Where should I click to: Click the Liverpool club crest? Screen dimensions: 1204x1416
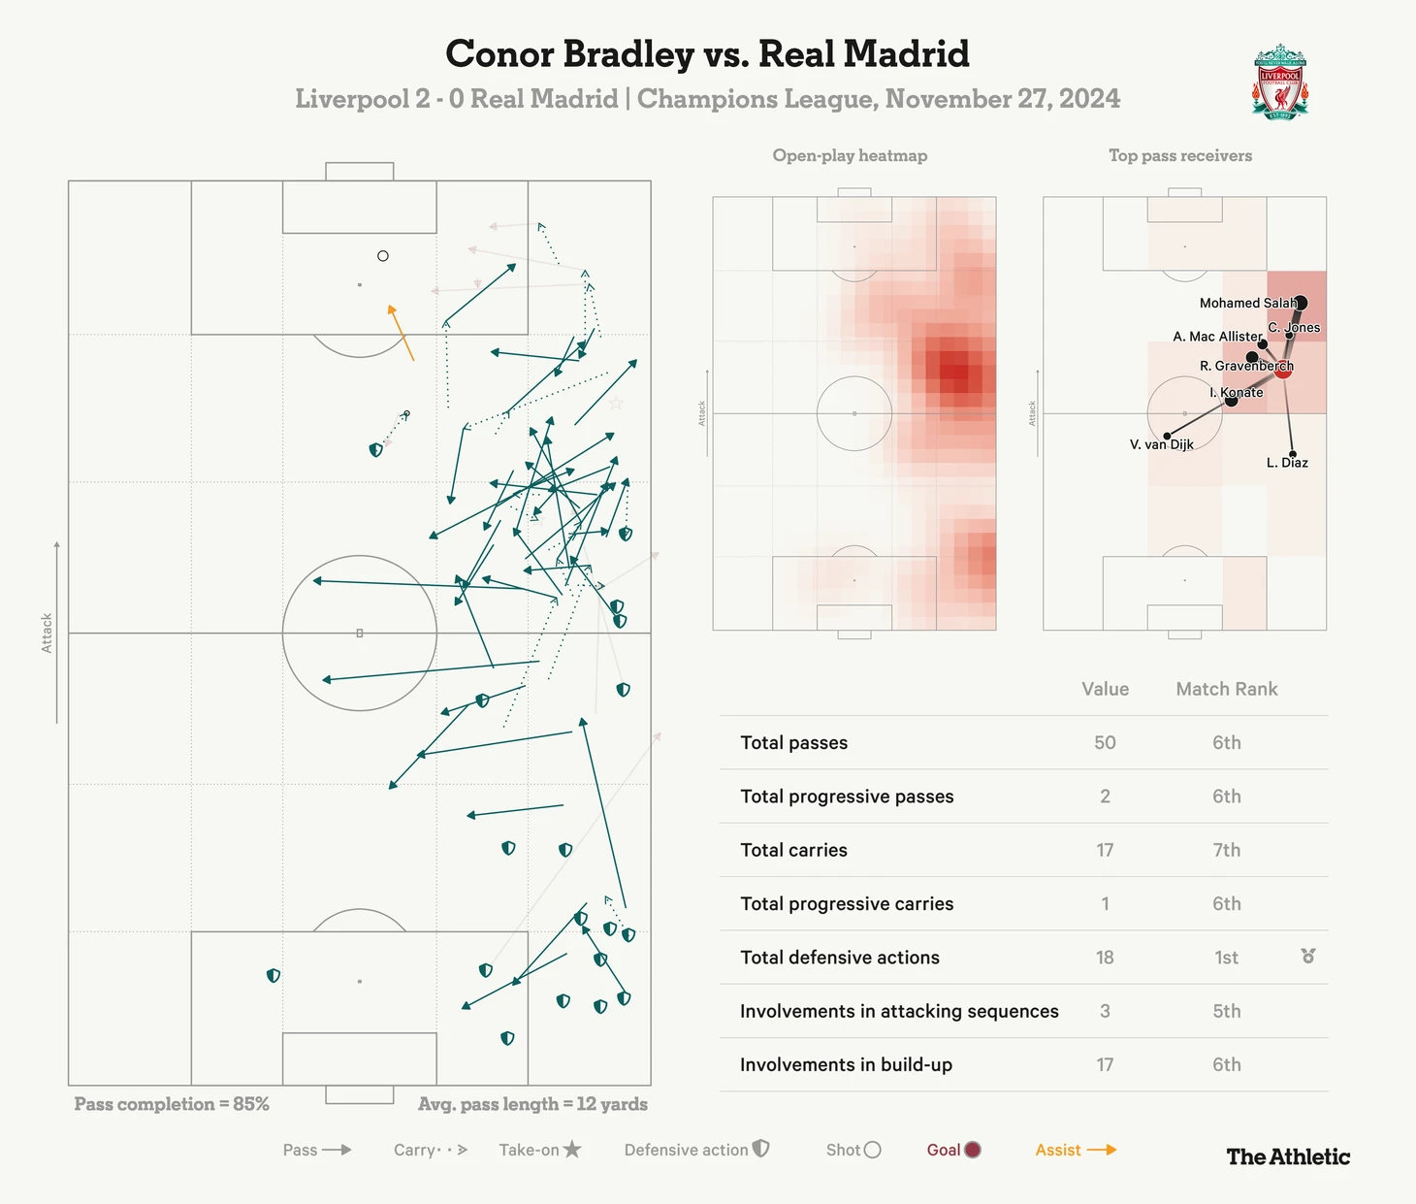[1280, 81]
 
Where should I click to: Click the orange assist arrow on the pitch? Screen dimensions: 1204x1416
[402, 333]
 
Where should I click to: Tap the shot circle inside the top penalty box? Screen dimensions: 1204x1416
[383, 256]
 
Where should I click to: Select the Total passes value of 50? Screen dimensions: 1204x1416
[1105, 742]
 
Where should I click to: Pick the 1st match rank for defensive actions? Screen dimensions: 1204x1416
[1226, 958]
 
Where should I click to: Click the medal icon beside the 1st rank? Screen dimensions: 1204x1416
[1307, 957]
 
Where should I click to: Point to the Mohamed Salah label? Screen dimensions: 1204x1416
[1247, 304]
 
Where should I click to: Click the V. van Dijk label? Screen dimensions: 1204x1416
[1161, 445]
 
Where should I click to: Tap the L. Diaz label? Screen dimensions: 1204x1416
[1287, 463]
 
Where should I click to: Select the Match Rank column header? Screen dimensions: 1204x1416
[1226, 689]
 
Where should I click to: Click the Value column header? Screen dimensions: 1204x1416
[1105, 689]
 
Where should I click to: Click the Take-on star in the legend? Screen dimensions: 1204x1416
[572, 1150]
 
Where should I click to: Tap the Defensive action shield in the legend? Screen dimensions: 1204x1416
[761, 1149]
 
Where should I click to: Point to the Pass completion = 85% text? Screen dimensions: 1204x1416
[172, 1104]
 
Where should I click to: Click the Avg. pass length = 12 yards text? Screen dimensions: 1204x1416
[532, 1104]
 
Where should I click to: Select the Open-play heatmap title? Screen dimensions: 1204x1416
[850, 155]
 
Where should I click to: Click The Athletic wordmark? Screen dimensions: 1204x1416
[1288, 1156]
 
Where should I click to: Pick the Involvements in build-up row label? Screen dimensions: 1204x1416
[846, 1065]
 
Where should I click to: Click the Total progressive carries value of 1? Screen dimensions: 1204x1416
[1105, 904]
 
